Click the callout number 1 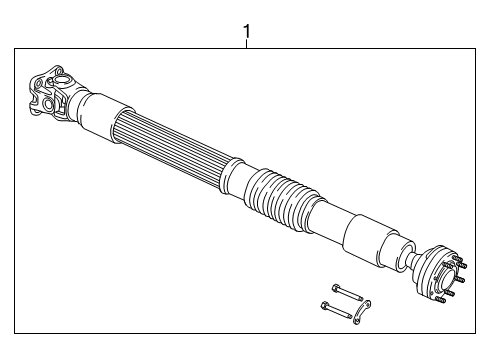(246, 34)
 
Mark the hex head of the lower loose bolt (327, 307)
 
